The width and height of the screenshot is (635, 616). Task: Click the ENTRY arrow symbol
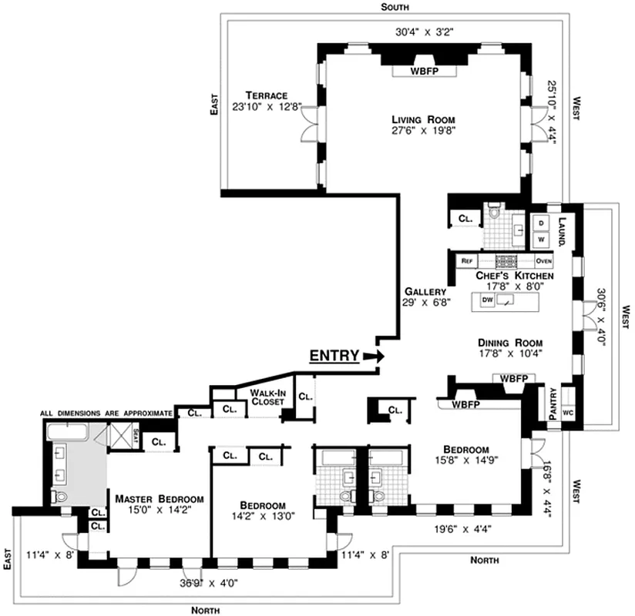coord(375,356)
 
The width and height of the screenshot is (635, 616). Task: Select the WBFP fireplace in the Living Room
coord(422,71)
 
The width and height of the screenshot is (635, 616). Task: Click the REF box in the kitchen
coord(466,261)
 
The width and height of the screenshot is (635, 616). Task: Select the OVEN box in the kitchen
coord(543,261)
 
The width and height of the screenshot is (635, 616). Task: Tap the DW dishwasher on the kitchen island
coord(486,300)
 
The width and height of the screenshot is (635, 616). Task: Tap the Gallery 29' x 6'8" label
coord(425,297)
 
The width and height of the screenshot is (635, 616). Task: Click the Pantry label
coord(553,403)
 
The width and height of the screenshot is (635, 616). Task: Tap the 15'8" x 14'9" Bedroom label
coord(466,455)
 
